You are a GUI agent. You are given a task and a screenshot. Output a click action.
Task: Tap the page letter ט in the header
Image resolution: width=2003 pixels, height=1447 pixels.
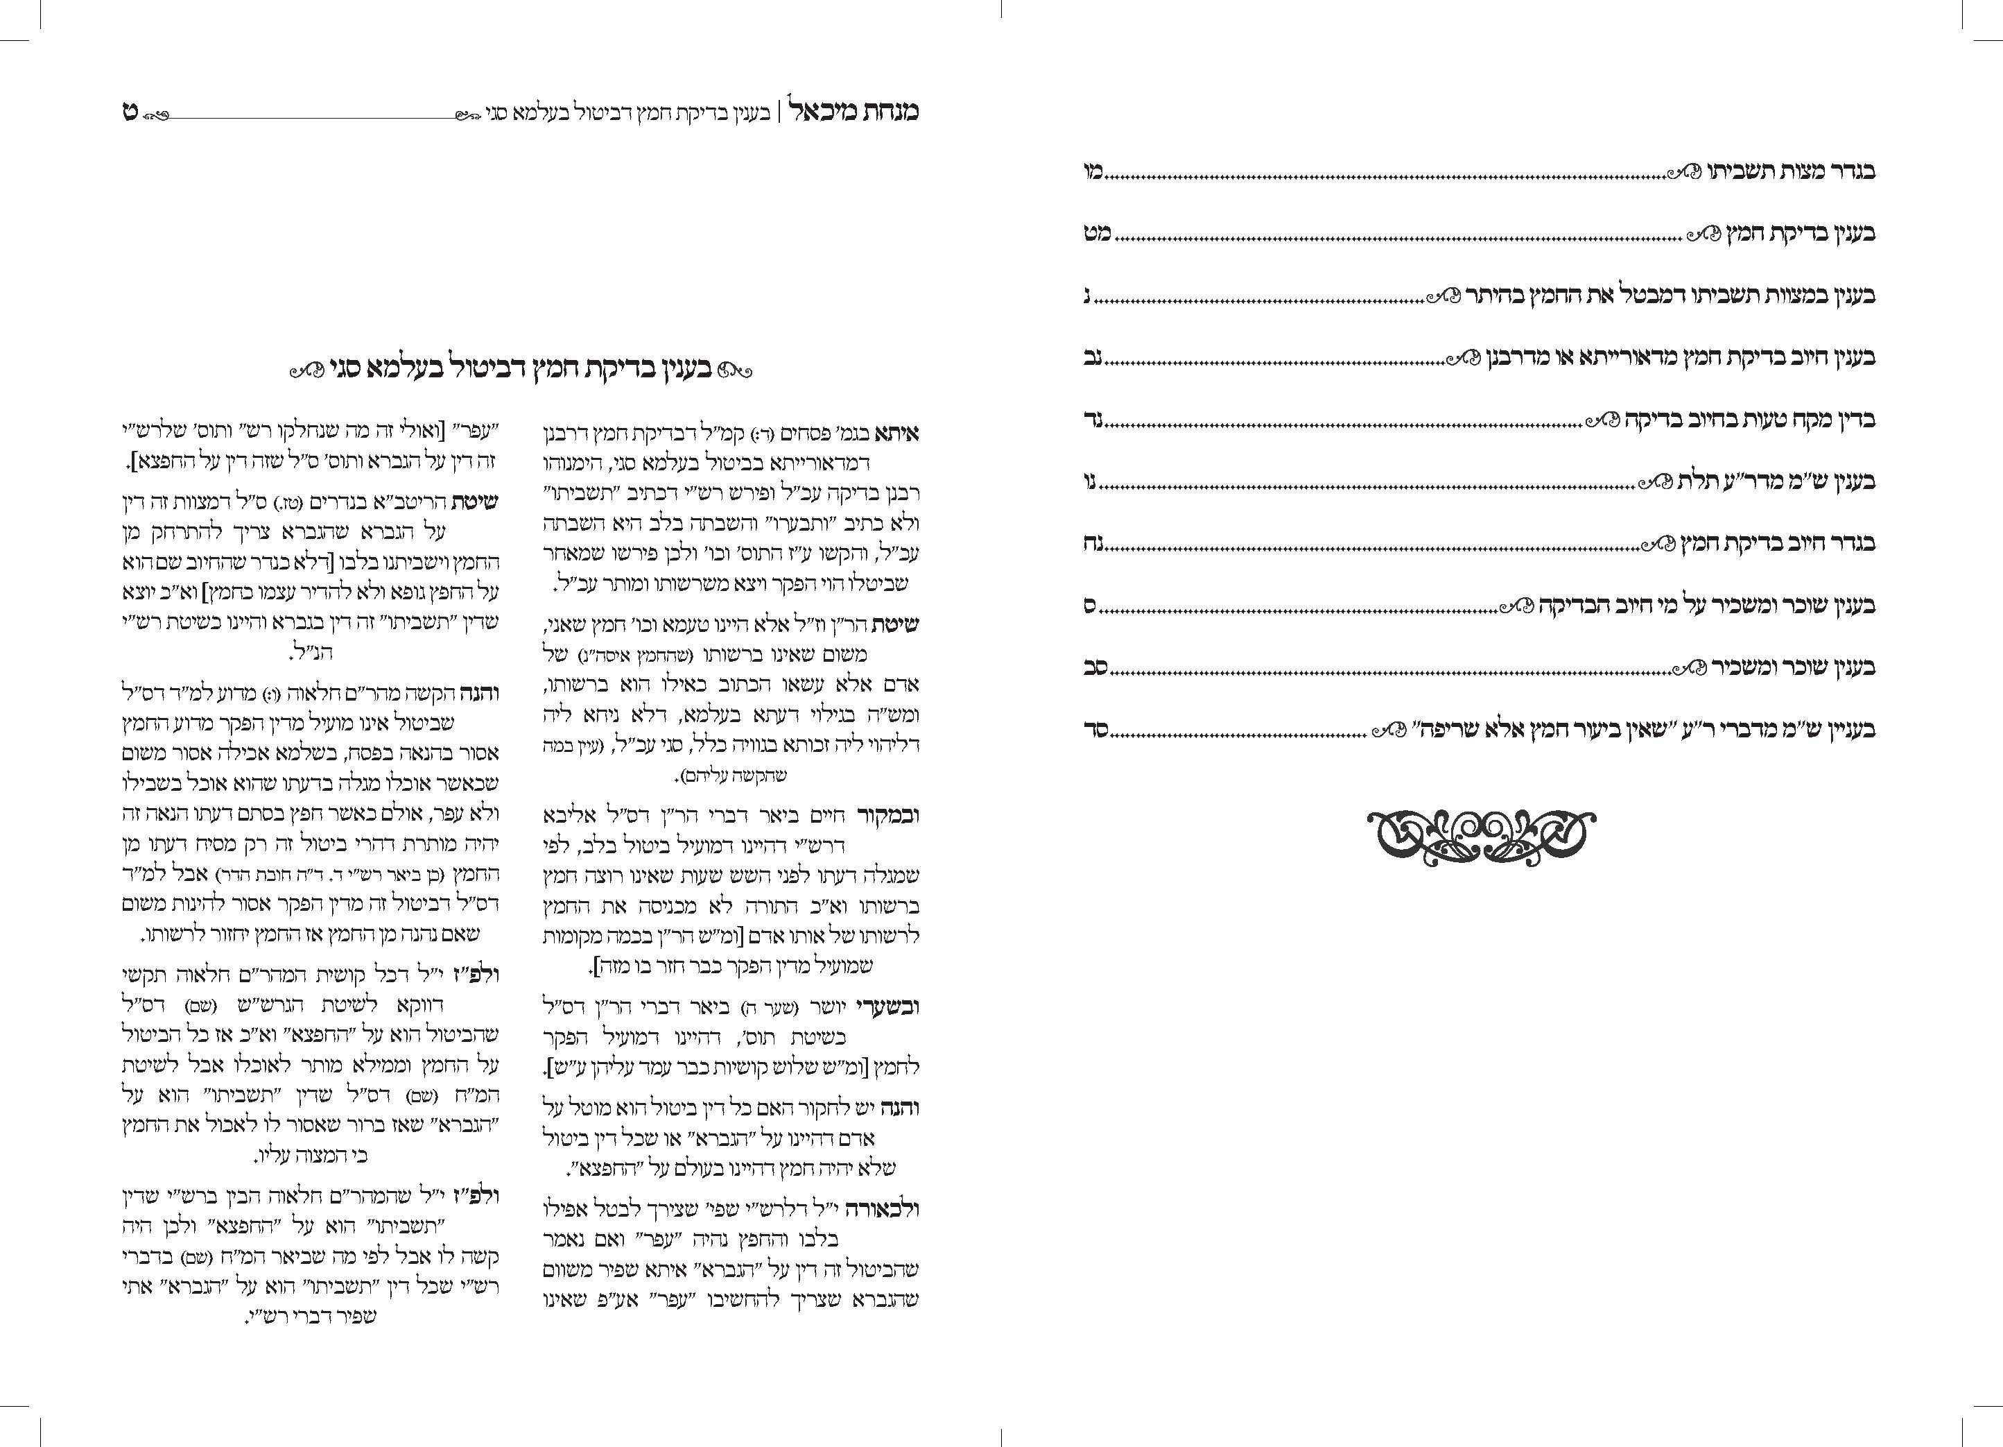130,112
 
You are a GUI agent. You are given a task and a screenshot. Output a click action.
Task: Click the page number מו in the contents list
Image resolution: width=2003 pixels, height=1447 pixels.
1094,171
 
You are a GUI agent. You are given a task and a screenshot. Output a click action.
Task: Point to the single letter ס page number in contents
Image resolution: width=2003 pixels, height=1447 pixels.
1091,606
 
